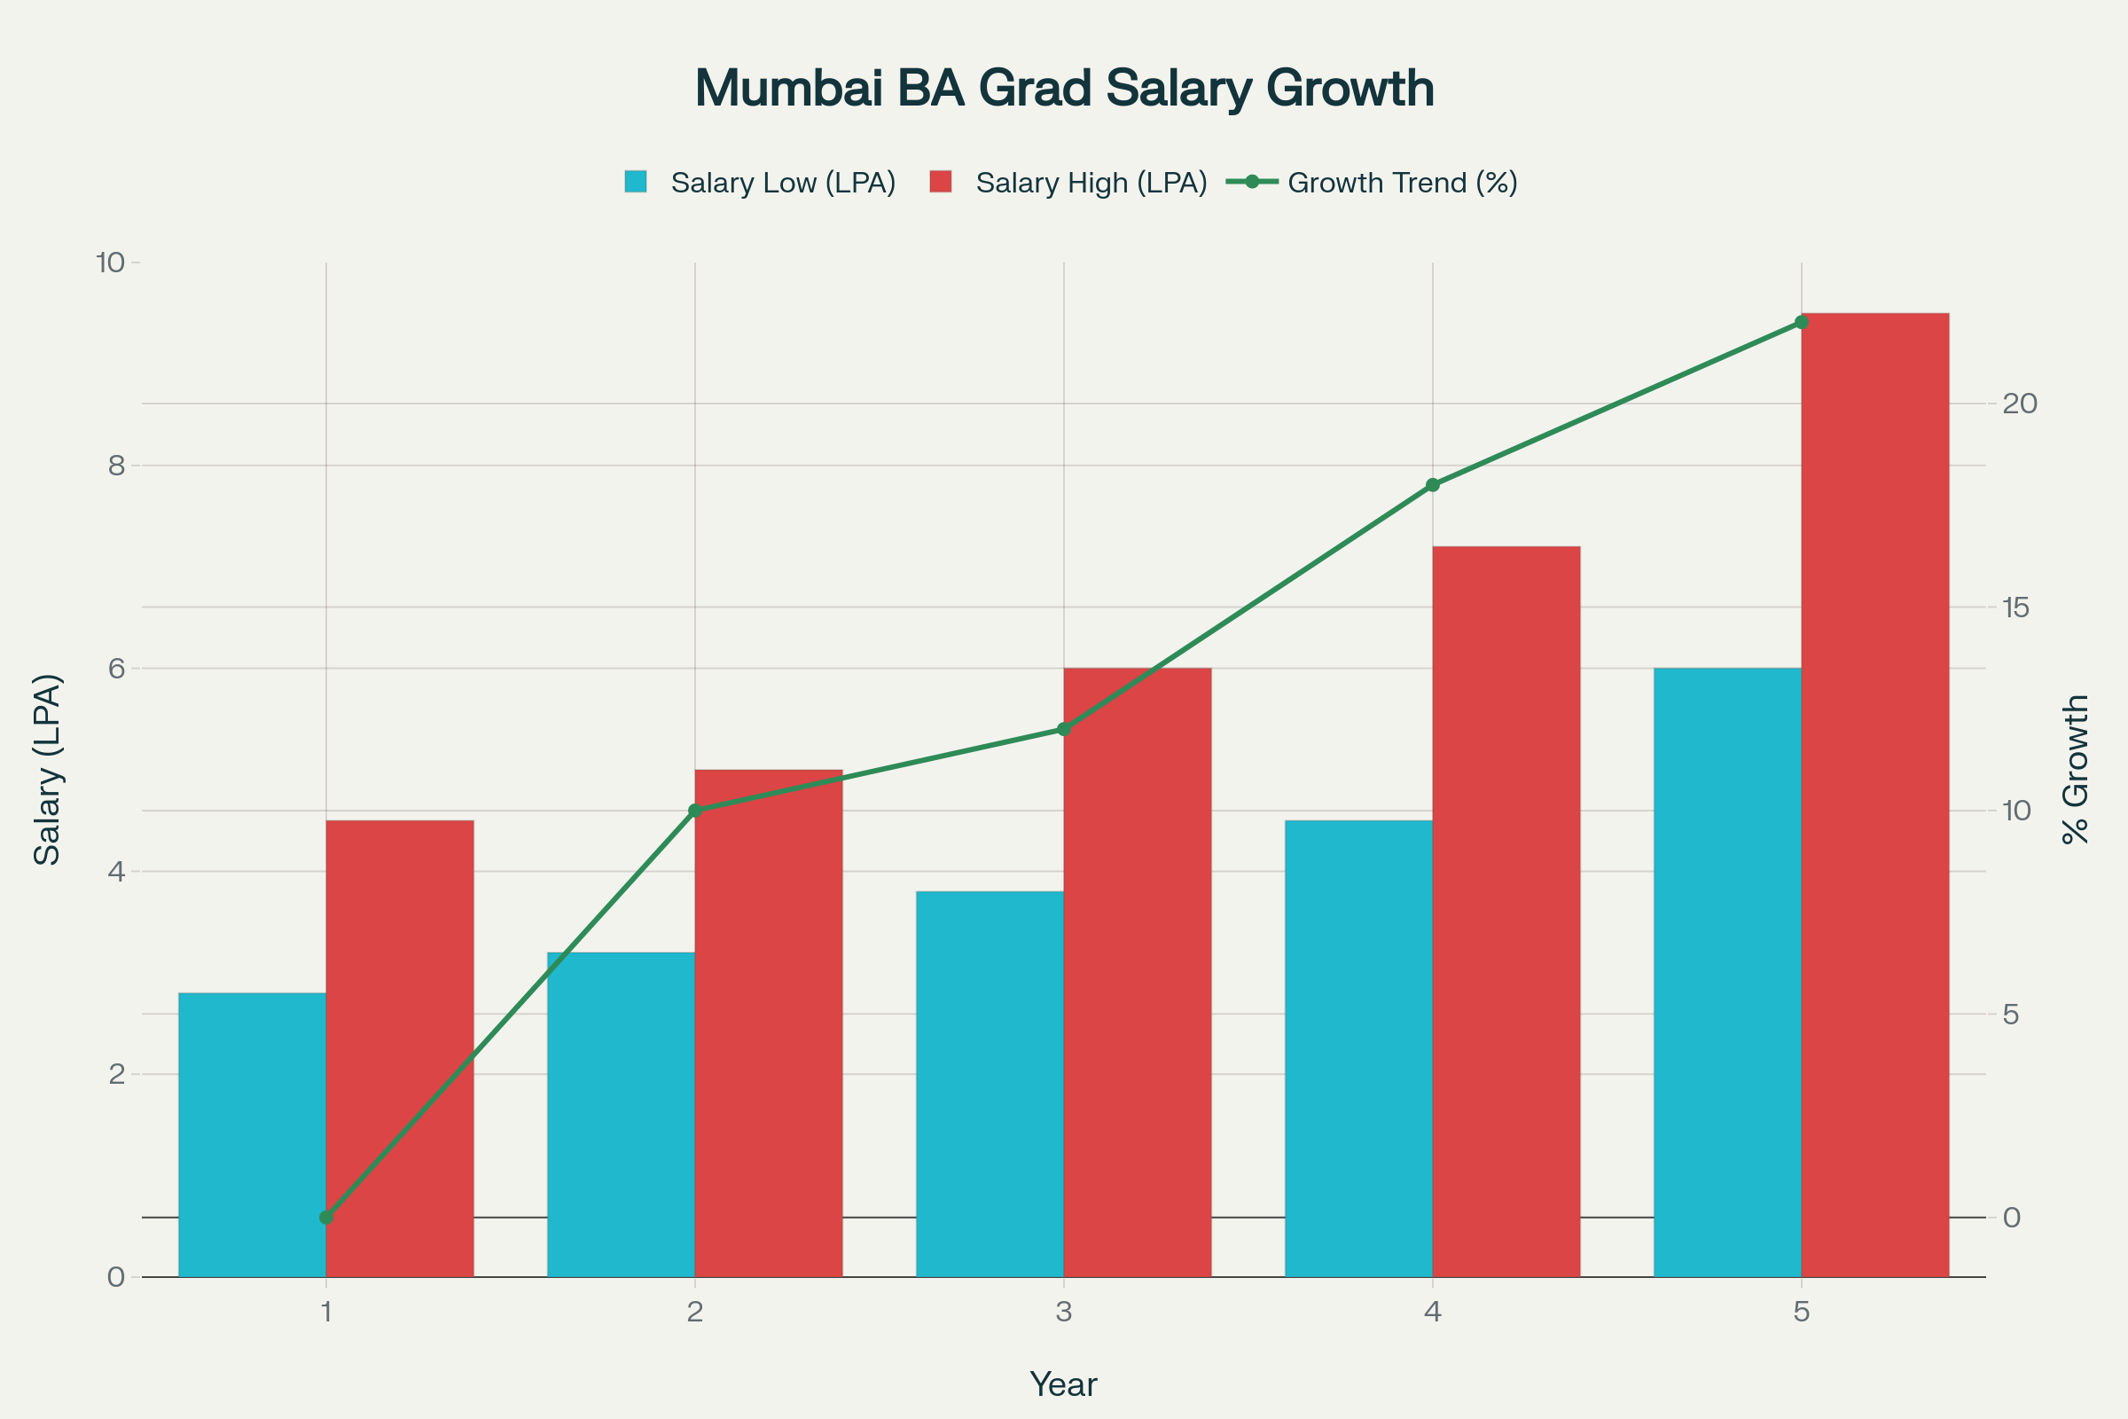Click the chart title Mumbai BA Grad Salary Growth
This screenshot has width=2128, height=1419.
click(1064, 89)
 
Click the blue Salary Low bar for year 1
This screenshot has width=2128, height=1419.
click(252, 1135)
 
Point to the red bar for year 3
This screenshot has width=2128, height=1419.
click(1138, 973)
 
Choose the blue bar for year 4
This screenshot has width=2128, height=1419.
click(1358, 1049)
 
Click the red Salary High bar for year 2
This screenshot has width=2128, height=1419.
click(768, 1023)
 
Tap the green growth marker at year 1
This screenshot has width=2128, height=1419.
click(326, 1217)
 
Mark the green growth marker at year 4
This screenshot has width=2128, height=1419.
click(1432, 485)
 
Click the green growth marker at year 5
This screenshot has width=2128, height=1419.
click(1802, 322)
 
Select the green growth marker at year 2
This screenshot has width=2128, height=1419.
click(695, 810)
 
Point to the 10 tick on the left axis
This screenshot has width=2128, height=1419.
click(109, 263)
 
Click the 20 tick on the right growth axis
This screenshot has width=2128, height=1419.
click(2020, 404)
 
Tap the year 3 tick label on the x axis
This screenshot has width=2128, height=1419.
click(1063, 1312)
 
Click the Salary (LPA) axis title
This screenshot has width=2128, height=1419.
click(47, 769)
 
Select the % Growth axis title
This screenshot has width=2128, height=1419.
click(2077, 769)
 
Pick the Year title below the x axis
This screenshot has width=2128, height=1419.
click(1063, 1384)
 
